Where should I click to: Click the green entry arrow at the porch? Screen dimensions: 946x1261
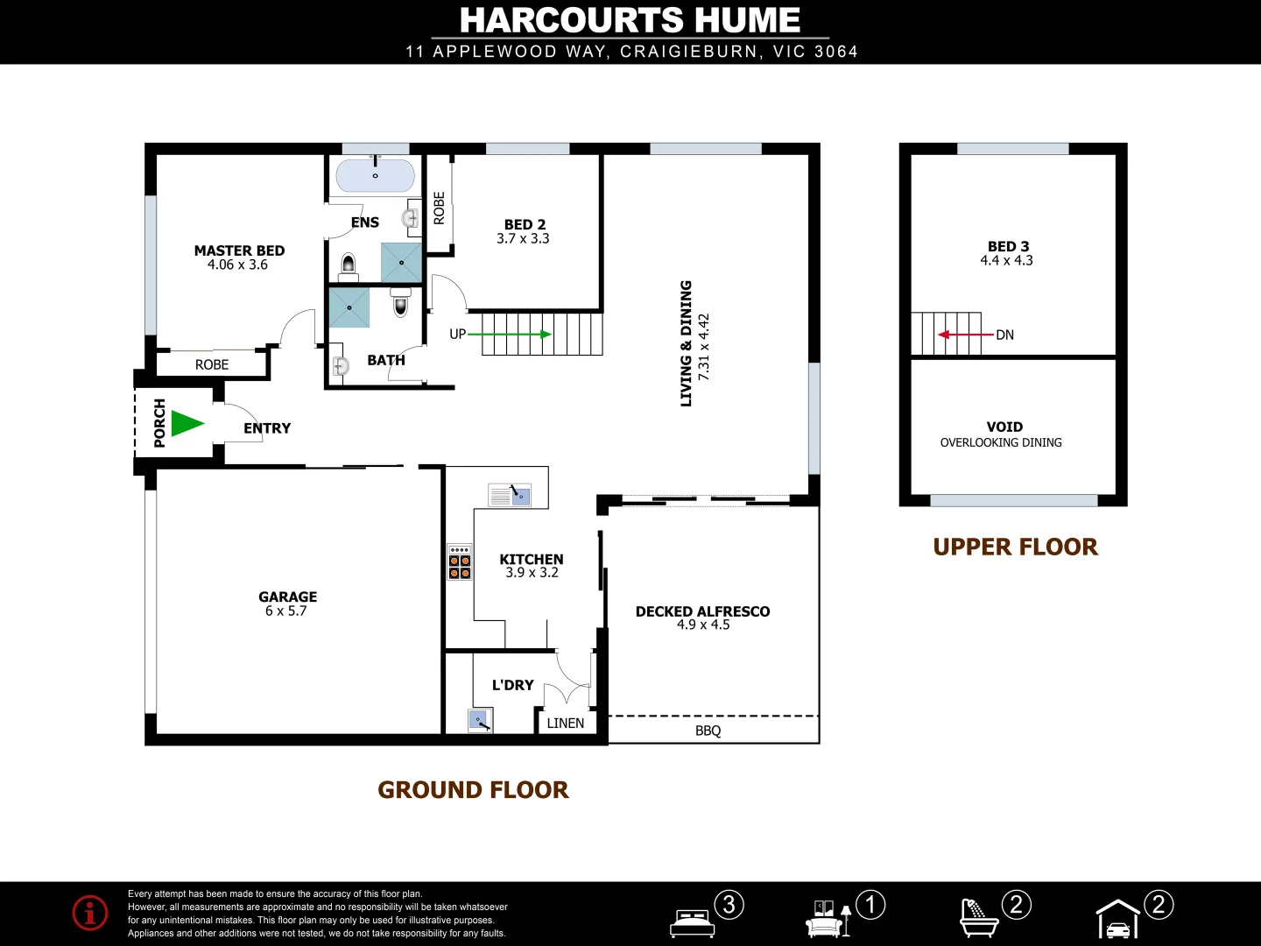pyautogui.click(x=187, y=424)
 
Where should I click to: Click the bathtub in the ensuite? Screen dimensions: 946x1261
pyautogui.click(x=375, y=176)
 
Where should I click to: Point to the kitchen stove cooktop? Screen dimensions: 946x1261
pyautogui.click(x=460, y=562)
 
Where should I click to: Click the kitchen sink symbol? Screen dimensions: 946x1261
pyautogui.click(x=510, y=496)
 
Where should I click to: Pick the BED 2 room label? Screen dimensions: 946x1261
pyautogui.click(x=525, y=225)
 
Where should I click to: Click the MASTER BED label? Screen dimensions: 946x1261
pyautogui.click(x=239, y=251)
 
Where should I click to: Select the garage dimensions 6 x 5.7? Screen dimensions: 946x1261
pyautogui.click(x=286, y=611)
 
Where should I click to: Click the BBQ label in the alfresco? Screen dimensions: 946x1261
pyautogui.click(x=708, y=731)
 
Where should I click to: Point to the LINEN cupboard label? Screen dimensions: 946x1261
pyautogui.click(x=566, y=724)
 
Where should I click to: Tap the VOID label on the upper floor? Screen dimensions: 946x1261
pyautogui.click(x=1004, y=427)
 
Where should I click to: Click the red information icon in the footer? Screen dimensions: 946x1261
pyautogui.click(x=90, y=913)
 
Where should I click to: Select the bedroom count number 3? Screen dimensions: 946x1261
pyautogui.click(x=729, y=904)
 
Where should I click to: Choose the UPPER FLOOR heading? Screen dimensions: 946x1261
pyautogui.click(x=1015, y=547)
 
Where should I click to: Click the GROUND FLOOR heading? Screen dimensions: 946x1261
pyautogui.click(x=473, y=790)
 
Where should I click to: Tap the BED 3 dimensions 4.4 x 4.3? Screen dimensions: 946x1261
pyautogui.click(x=1006, y=261)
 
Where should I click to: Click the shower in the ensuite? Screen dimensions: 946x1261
pyautogui.click(x=401, y=263)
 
